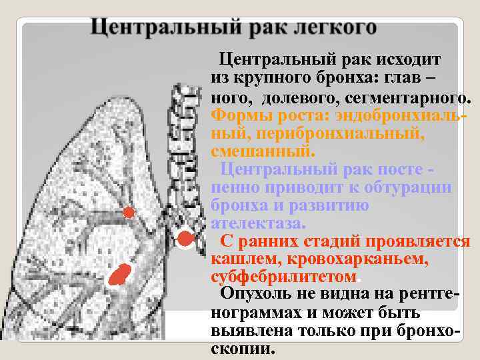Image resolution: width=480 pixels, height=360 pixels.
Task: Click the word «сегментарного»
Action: click(404, 99)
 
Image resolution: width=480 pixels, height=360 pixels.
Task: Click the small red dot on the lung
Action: click(129, 213)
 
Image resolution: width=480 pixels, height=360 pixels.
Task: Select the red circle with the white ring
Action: click(185, 238)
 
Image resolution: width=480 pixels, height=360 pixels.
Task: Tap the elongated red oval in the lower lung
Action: click(121, 273)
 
